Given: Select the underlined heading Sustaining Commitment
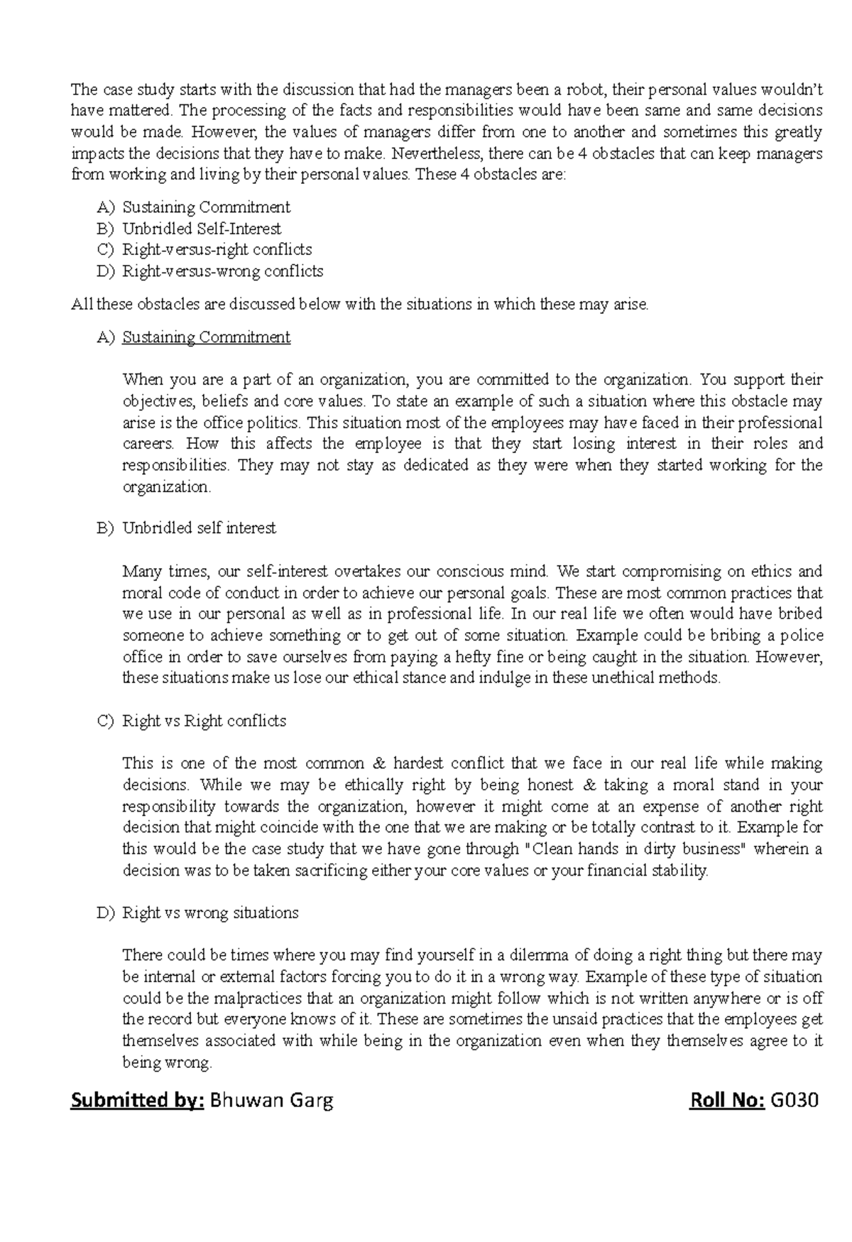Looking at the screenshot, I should pos(206,337).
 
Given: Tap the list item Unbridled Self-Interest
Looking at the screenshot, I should pos(202,229).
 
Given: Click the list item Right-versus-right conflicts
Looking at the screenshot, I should pos(217,250).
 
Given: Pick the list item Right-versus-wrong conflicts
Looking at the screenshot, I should pos(223,271).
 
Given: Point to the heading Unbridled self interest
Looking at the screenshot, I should pos(199,528).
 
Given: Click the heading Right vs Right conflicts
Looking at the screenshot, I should pos(204,721).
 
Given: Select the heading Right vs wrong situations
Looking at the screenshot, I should pos(210,913).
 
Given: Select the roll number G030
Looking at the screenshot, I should pos(794,1101).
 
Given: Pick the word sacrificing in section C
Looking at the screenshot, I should pos(332,871).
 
